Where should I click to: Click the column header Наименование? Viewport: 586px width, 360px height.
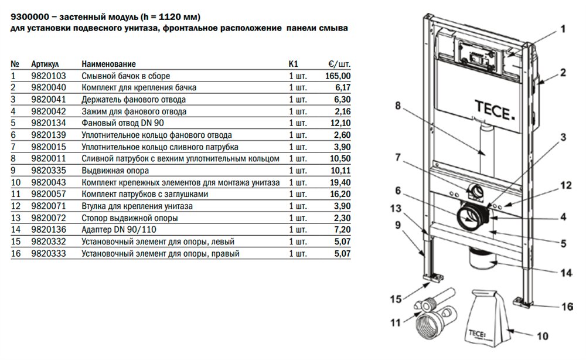click(x=109, y=63)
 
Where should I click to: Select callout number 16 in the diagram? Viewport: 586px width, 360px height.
click(x=567, y=306)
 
